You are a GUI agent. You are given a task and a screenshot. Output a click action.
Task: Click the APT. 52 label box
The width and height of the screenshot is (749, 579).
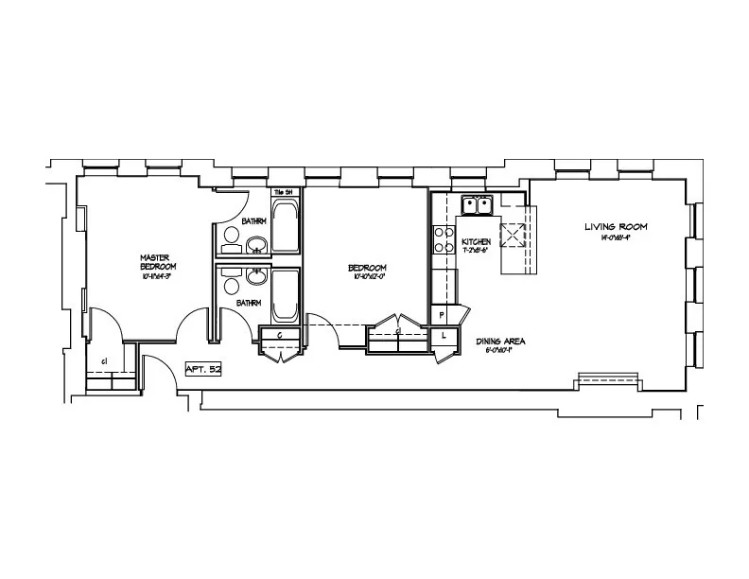click(203, 369)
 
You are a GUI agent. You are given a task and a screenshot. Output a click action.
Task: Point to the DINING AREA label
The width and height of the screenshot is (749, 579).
click(501, 341)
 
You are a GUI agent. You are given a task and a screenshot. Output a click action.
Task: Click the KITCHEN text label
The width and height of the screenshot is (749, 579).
click(476, 242)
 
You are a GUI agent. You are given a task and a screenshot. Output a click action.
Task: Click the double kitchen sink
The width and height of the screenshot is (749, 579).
click(477, 205)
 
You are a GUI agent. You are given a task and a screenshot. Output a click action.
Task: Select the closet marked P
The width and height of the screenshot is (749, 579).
click(442, 315)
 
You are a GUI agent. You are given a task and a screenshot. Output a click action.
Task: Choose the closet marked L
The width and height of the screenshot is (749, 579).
click(444, 335)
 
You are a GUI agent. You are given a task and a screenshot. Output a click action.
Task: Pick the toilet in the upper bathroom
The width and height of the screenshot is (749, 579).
click(231, 240)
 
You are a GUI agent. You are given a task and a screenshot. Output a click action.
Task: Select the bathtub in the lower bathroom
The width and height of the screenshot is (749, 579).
click(286, 295)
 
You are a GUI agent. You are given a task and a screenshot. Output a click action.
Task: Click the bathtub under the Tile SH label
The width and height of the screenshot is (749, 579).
click(286, 225)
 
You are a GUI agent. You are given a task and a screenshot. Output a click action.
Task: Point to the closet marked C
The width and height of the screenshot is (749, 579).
click(282, 335)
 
